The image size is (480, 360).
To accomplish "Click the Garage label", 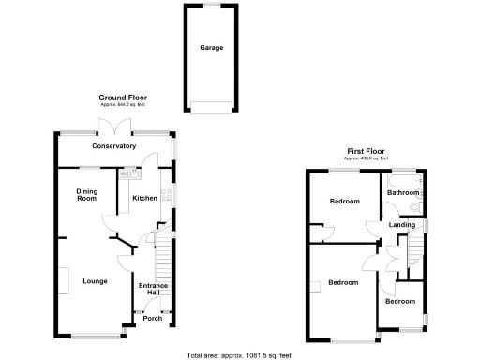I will click(210, 47).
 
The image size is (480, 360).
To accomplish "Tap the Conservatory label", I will click(113, 146).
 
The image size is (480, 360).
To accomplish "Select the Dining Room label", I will click(86, 195).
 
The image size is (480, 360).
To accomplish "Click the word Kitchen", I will click(144, 198).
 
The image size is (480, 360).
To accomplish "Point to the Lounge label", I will click(94, 281).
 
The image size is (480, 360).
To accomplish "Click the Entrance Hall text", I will click(153, 290).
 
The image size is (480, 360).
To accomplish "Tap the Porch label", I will click(152, 319).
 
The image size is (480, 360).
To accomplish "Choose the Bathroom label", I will click(404, 193).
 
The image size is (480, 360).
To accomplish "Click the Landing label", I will click(402, 225).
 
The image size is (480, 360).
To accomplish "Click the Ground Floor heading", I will click(123, 97).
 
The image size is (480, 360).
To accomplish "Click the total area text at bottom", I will click(239, 355).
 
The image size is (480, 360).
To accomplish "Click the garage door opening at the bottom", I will click(210, 106).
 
